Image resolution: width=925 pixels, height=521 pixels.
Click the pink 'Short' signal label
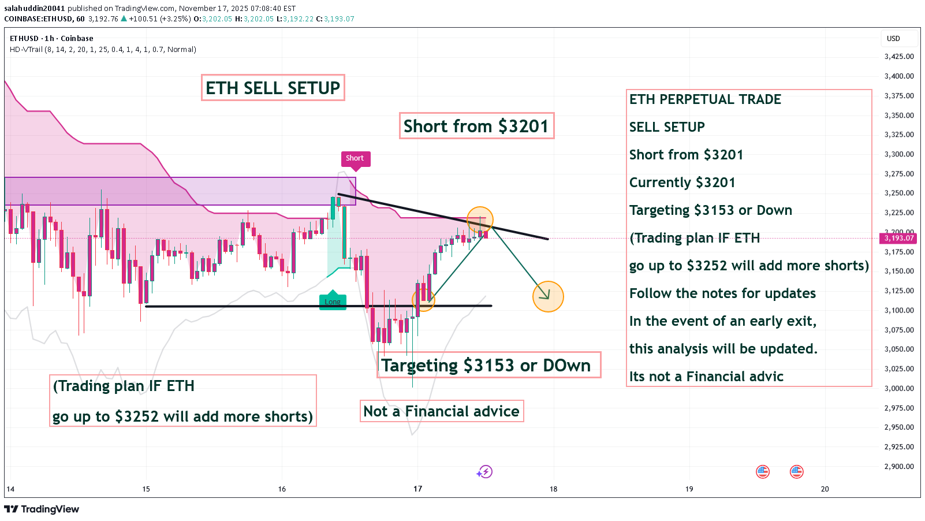tap(355, 158)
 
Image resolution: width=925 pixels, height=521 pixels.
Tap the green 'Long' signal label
tap(333, 302)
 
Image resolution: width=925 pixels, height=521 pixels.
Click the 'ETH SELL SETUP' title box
tap(273, 88)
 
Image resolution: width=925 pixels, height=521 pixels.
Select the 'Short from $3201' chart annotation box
tap(476, 126)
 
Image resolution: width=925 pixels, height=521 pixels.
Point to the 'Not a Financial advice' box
tap(442, 411)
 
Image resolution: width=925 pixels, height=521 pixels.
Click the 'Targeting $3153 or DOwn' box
tap(488, 366)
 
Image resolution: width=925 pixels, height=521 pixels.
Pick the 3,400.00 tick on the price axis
tap(899, 76)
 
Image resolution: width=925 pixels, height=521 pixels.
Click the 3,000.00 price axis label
tap(899, 388)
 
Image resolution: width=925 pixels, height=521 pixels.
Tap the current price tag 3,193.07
tap(899, 238)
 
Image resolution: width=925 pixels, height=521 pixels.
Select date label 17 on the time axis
tap(417, 489)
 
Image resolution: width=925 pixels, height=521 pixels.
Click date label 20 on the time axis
tap(825, 489)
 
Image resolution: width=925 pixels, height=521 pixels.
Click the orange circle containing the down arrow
tap(547, 296)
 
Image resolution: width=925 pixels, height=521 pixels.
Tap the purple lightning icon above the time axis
tap(484, 472)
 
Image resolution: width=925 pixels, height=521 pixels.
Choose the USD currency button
tap(893, 39)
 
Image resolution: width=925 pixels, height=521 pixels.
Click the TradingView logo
tap(42, 509)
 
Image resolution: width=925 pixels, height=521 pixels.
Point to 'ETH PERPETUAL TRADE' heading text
tap(705, 99)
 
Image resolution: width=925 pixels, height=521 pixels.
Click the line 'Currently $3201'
tap(682, 183)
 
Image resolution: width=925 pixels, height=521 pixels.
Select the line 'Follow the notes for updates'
tap(722, 293)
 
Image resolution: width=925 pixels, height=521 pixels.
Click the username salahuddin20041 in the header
tap(35, 9)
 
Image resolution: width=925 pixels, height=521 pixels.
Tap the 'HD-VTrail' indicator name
tap(26, 50)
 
